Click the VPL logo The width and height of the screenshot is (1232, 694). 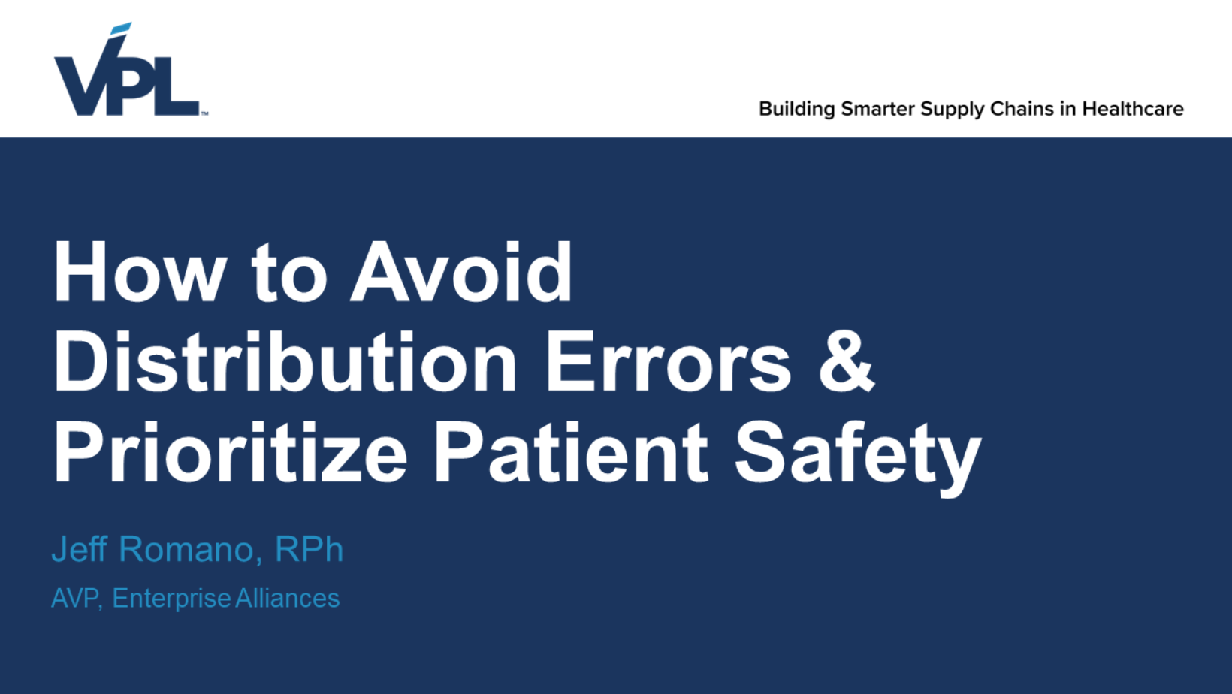click(131, 69)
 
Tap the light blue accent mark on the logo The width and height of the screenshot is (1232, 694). click(121, 28)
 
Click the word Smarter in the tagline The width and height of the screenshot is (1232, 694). click(877, 109)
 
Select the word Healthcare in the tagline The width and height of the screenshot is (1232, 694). click(1133, 109)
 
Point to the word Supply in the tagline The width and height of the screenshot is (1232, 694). click(953, 110)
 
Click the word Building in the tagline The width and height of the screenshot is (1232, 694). click(797, 110)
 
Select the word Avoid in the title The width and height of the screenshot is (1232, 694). click(462, 272)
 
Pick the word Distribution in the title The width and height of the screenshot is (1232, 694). click(285, 361)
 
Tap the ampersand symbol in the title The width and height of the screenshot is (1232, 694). click(847, 361)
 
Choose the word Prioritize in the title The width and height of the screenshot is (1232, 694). click(231, 452)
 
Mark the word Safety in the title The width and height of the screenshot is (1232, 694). click(858, 457)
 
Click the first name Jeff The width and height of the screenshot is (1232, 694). click(79, 549)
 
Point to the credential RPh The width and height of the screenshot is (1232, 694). click(309, 549)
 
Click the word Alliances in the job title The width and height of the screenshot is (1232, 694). click(288, 598)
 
